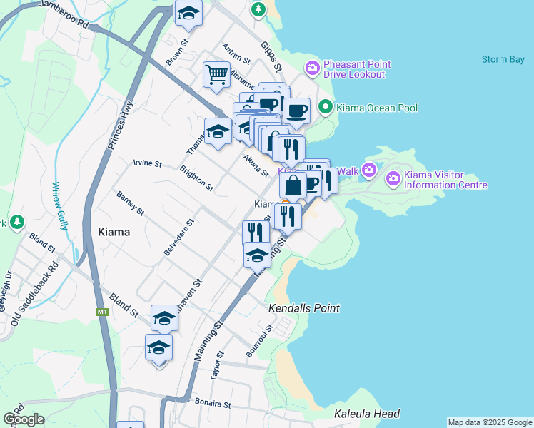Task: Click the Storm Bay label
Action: tap(503, 59)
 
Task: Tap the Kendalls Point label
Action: tap(303, 308)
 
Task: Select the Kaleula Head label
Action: tap(366, 414)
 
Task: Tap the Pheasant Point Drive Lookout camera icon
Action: tap(312, 68)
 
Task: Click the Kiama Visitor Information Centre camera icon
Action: tap(393, 178)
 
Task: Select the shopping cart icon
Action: tap(216, 73)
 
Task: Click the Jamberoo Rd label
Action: tap(64, 14)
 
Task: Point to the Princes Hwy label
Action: tap(119, 135)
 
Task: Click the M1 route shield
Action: tap(101, 312)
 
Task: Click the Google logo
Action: tap(23, 419)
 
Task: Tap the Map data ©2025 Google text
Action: tap(490, 422)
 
